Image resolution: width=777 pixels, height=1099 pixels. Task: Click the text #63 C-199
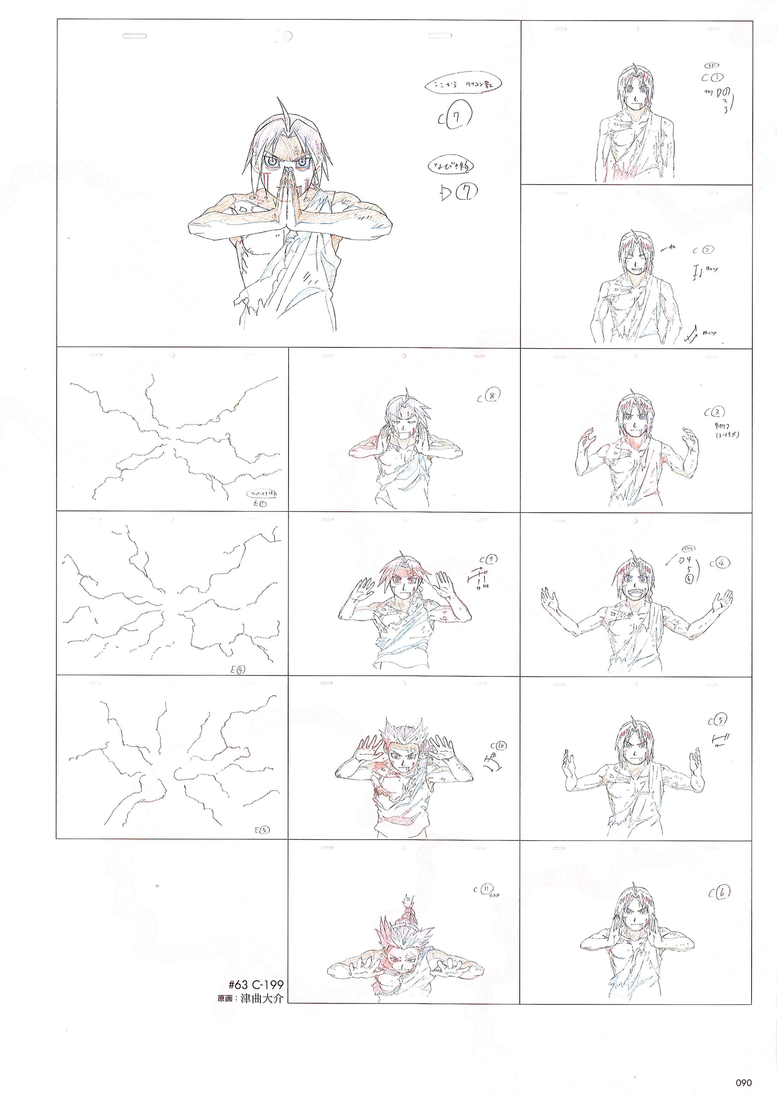(256, 985)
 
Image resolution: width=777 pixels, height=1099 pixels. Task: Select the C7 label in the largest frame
(455, 116)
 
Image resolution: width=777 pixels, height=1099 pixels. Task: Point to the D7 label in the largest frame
(458, 192)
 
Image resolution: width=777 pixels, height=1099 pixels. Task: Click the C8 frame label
(489, 396)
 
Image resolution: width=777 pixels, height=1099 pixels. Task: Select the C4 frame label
(719, 563)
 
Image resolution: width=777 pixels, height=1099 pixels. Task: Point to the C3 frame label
(714, 412)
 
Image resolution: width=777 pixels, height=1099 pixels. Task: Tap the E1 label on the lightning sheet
(261, 504)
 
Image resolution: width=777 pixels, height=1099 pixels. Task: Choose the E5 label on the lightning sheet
(261, 830)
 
